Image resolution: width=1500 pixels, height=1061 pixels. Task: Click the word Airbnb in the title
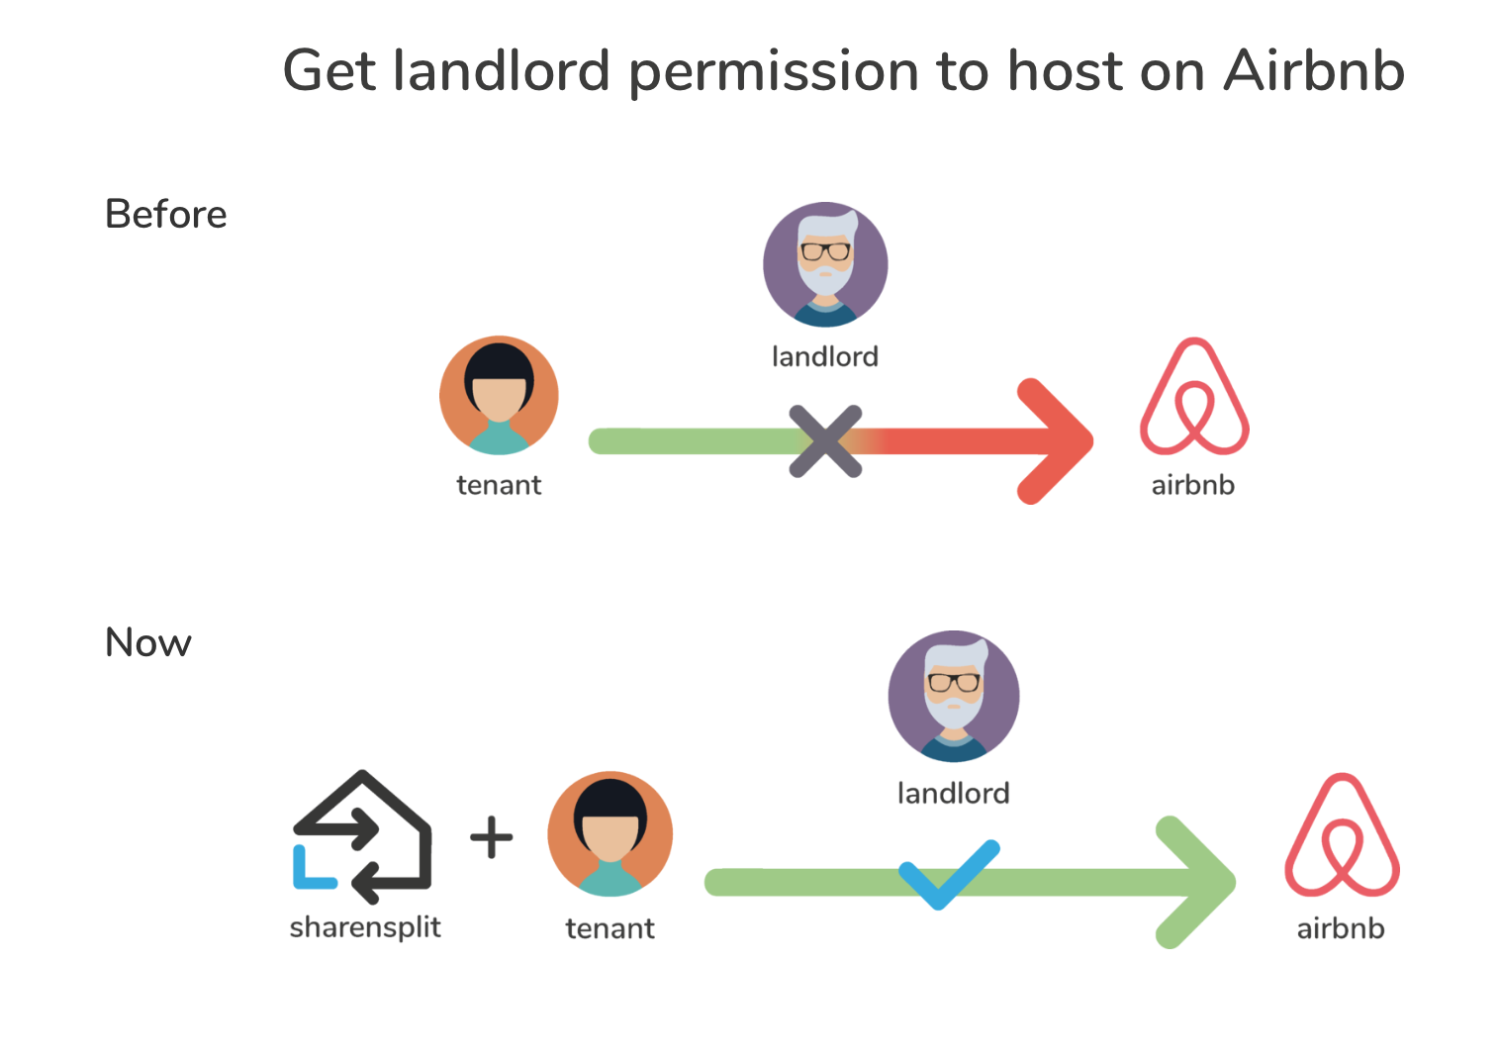pos(1313,71)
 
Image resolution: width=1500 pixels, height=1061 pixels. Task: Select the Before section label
pos(166,214)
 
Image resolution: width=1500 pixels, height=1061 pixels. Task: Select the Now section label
pos(148,642)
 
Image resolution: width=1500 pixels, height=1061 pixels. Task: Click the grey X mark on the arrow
pos(825,441)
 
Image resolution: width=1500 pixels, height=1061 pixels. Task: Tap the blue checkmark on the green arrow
pos(948,874)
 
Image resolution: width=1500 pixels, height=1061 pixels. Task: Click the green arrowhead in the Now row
pos(1194,881)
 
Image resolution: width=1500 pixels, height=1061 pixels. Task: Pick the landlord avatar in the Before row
pos(825,264)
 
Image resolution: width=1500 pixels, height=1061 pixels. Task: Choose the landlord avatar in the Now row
pos(954,696)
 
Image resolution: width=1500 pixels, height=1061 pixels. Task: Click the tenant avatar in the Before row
pos(499,395)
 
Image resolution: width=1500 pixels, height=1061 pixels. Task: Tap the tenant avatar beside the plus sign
pos(610,833)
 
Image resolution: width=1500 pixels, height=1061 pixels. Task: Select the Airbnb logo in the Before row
pos(1194,398)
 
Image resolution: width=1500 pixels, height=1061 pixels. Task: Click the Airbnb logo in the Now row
pos(1342,836)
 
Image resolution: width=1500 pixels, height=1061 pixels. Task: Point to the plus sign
pos(491,837)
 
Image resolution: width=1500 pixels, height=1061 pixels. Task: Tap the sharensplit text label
pos(365,927)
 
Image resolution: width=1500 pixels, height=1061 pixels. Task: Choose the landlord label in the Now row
pos(953,793)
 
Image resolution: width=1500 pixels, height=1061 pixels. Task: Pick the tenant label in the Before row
pos(499,485)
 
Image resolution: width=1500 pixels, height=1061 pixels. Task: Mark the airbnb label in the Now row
pos(1341,928)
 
